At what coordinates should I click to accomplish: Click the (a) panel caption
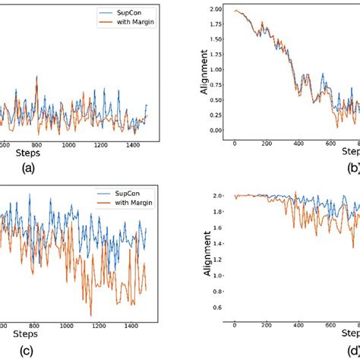tap(49, 170)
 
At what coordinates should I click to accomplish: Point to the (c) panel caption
tap(49, 351)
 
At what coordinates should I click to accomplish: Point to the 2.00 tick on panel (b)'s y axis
tap(218, 9)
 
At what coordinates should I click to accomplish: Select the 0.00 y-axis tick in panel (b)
tap(218, 130)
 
